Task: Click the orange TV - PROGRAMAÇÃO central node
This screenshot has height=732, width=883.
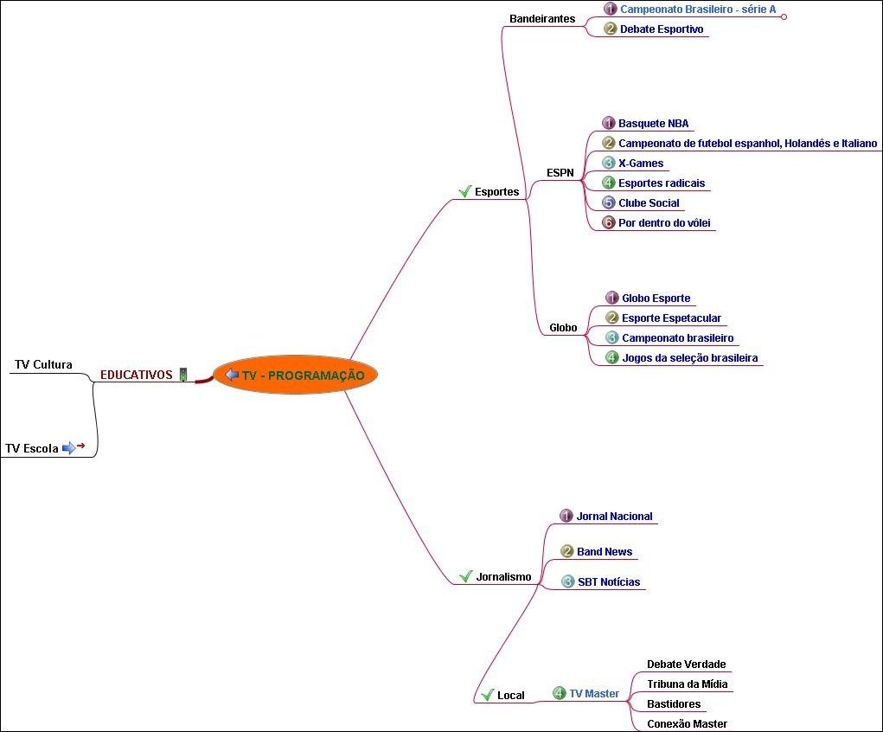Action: (296, 375)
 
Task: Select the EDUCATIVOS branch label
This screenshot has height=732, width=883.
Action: (136, 375)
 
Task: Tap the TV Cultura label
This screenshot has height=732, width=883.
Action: (43, 364)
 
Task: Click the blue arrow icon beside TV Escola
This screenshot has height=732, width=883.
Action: (68, 448)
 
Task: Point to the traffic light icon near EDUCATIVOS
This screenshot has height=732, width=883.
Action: (183, 375)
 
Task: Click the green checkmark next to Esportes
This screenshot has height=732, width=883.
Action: (464, 191)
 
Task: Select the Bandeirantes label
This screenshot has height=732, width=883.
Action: (542, 18)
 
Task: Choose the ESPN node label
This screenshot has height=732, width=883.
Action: (560, 173)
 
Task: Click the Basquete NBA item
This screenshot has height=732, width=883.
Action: (653, 124)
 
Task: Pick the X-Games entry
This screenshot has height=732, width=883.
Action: (641, 164)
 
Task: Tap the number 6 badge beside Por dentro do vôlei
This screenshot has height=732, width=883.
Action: (608, 223)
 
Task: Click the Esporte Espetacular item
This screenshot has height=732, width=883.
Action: (671, 318)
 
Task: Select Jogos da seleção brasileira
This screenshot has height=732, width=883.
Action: (689, 357)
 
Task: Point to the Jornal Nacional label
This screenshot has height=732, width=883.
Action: (614, 517)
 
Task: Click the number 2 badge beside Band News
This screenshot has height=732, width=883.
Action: (567, 552)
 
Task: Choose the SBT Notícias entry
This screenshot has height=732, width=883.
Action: (609, 582)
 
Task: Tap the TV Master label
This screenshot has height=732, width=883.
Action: (593, 694)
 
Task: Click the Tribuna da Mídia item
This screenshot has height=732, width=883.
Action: (687, 684)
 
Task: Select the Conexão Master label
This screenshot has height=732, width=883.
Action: (687, 724)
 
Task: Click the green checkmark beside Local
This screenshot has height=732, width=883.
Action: (486, 695)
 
